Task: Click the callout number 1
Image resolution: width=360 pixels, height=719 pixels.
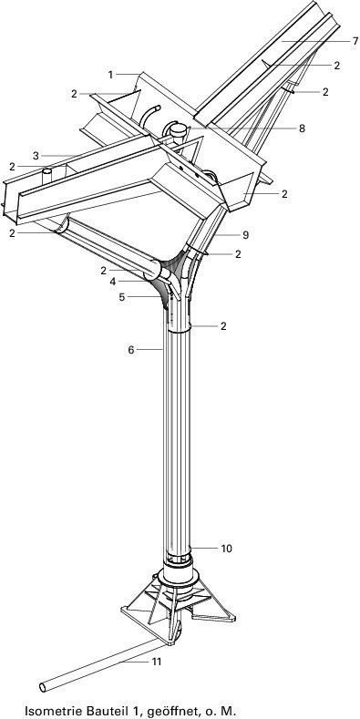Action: [x=110, y=75]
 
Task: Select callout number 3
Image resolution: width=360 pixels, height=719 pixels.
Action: [x=36, y=156]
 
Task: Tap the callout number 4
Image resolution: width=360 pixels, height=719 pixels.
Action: [x=113, y=282]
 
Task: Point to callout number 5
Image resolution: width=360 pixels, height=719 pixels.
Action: [x=121, y=297]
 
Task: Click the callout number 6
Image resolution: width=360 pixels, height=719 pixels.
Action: [x=130, y=350]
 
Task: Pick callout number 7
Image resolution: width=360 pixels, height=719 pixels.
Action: [x=355, y=41]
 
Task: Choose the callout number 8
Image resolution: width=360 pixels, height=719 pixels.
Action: [x=302, y=128]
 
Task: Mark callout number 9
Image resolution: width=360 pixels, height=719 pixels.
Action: [x=245, y=235]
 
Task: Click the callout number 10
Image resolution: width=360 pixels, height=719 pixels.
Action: [x=227, y=549]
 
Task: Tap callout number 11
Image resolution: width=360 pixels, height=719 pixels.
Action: [x=157, y=662]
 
